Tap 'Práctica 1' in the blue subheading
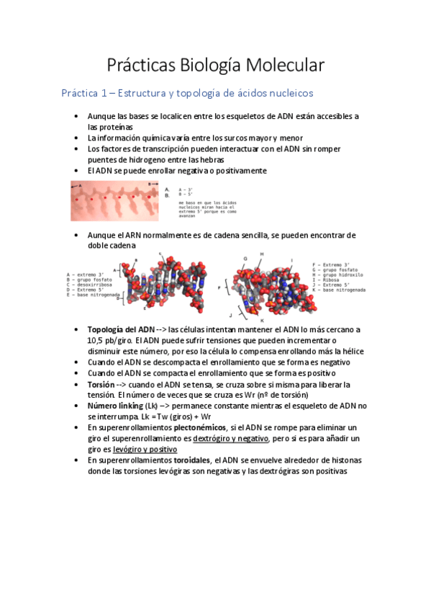click(x=86, y=93)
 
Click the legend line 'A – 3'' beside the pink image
click(x=186, y=189)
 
